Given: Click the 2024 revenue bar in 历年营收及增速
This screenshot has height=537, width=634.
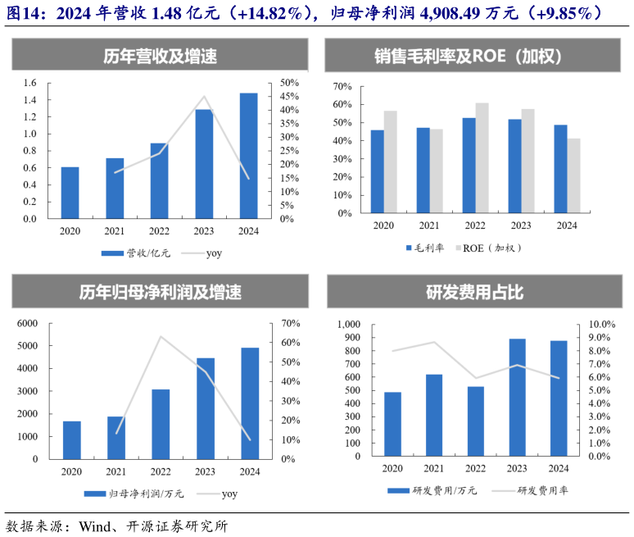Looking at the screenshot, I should pyautogui.click(x=248, y=156).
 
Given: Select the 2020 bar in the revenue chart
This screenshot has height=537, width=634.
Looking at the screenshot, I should pyautogui.click(x=70, y=193).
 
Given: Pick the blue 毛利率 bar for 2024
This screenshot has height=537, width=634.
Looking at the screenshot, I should pyautogui.click(x=560, y=169).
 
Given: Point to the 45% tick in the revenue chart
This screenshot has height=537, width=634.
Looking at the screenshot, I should pyautogui.click(x=289, y=97).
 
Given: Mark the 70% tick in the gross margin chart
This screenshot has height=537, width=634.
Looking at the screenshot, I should pyautogui.click(x=342, y=87).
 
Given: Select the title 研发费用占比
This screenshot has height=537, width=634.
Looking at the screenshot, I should pyautogui.click(x=474, y=291).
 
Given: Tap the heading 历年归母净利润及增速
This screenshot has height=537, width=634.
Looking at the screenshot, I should pyautogui.click(x=160, y=291).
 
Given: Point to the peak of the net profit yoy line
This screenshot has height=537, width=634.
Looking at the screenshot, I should pyautogui.click(x=161, y=336).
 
